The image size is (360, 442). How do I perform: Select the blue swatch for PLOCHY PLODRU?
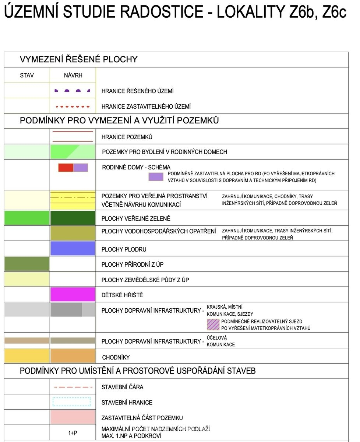(73, 249)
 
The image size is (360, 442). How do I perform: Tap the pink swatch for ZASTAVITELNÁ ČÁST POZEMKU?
(73, 417)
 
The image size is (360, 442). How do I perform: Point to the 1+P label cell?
(73, 433)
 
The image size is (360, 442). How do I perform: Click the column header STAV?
(27, 76)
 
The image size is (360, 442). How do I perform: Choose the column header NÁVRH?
(73, 76)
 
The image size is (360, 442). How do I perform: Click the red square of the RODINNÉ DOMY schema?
(66, 168)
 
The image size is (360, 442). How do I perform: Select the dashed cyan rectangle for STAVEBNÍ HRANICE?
(72, 402)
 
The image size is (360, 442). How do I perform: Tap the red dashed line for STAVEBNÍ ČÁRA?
(73, 387)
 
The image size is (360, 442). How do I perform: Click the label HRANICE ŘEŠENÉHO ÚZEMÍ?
(138, 91)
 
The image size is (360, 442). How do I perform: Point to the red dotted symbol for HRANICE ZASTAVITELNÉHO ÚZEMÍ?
(73, 106)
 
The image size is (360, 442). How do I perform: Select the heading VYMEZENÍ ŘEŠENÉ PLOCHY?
(78, 59)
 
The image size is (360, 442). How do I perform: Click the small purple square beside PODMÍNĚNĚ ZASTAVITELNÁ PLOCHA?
(156, 177)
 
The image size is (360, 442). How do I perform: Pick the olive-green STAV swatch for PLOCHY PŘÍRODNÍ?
(27, 264)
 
